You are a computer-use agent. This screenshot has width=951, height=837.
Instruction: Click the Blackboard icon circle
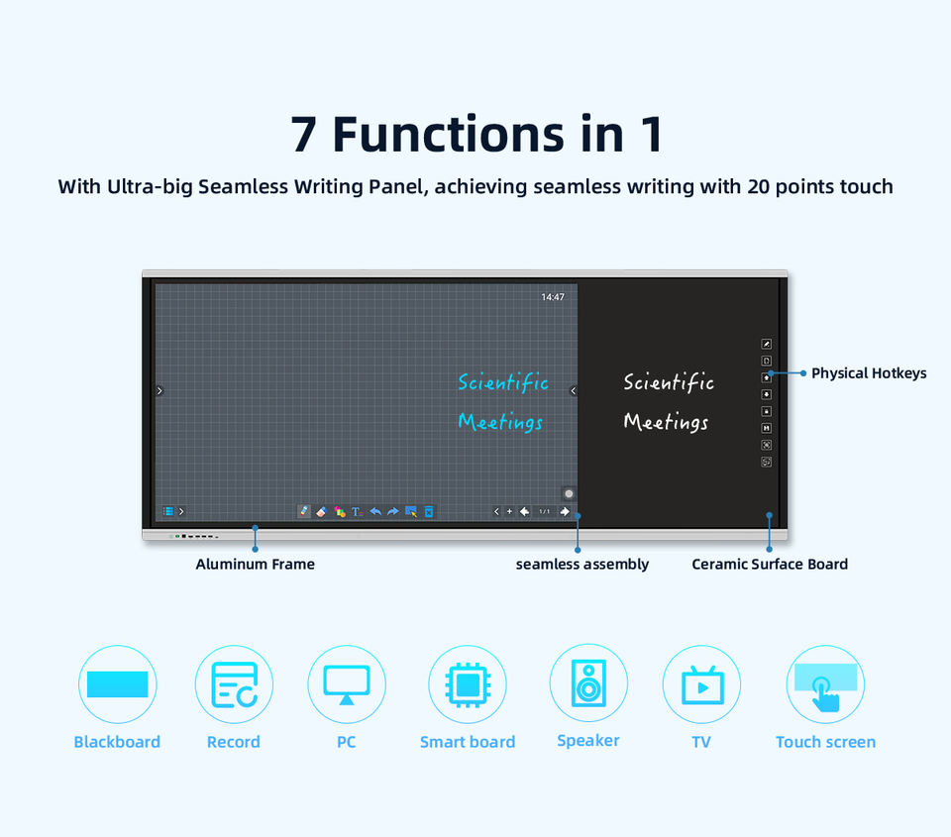(118, 684)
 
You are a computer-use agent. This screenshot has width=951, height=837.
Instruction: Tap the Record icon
(234, 684)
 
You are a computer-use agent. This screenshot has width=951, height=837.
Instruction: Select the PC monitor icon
(347, 684)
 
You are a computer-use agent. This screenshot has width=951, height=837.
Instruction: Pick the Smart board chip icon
(468, 684)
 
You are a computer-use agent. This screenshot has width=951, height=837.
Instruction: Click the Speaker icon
(588, 682)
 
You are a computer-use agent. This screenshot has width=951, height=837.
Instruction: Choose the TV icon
(701, 684)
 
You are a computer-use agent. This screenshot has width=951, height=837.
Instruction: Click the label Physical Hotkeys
(869, 373)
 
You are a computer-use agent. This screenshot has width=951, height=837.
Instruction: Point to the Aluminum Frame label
(255, 564)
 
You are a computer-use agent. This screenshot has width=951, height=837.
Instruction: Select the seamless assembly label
(582, 564)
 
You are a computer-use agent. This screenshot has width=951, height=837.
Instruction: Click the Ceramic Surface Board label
(770, 564)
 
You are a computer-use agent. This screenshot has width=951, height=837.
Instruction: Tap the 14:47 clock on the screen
(553, 296)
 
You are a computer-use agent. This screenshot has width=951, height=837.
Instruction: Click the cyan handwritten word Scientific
(503, 382)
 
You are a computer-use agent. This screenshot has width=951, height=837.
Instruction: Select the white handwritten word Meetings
(666, 421)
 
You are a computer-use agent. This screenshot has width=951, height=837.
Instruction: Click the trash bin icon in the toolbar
(429, 511)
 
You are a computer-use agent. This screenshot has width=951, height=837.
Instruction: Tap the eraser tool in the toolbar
(321, 511)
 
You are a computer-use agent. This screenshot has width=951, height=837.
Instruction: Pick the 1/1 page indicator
(545, 511)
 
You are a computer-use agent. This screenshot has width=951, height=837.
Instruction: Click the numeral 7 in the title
(303, 134)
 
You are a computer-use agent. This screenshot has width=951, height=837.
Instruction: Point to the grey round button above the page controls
(569, 493)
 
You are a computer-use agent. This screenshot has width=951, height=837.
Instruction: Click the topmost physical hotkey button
(767, 344)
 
